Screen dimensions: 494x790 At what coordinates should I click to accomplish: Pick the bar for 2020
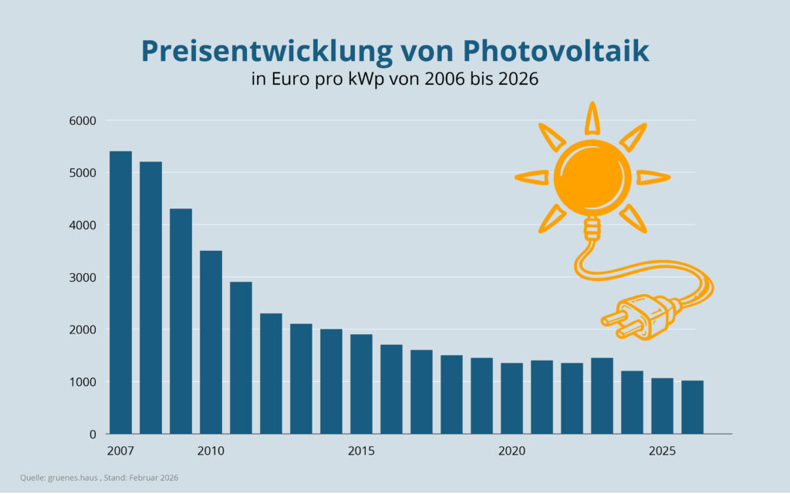pos(511,398)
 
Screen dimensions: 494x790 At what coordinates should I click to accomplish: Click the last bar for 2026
pos(692,407)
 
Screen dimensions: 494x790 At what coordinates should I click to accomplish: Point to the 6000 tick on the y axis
pos(83,120)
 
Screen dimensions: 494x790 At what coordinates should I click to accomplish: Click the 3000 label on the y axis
pos(83,278)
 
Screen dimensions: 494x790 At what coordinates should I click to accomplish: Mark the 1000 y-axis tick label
pos(83,382)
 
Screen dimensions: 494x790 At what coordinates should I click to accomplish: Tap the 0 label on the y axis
pos(92,435)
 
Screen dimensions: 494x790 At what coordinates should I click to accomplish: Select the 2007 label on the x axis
pos(120,450)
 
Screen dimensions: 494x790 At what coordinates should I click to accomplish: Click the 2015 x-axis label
pos(361,450)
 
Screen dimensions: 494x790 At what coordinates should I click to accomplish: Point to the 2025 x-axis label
pos(662,450)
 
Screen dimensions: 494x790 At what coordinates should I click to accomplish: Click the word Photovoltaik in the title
pos(555,51)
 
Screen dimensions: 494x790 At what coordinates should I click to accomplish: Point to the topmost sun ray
pos(592,117)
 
